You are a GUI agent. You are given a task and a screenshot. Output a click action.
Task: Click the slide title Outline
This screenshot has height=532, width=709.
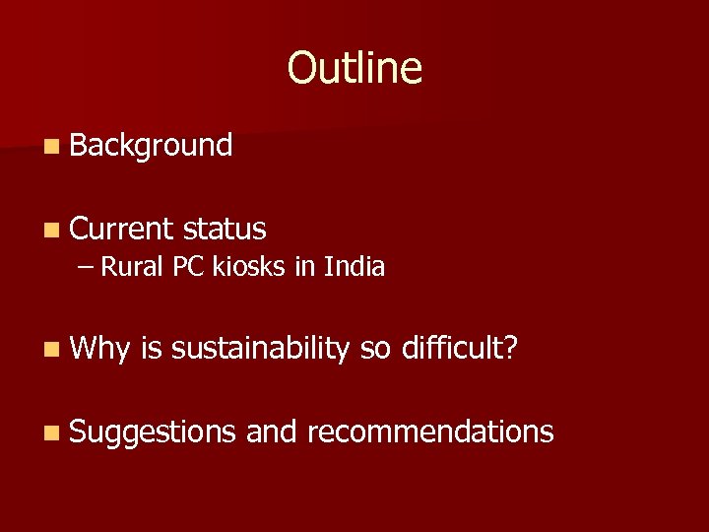click(x=354, y=67)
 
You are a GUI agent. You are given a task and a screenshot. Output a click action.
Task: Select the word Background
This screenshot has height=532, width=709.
click(x=151, y=146)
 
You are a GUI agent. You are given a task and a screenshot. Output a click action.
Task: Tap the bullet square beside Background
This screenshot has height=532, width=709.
click(x=51, y=147)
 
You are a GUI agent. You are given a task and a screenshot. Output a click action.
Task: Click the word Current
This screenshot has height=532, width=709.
click(x=120, y=229)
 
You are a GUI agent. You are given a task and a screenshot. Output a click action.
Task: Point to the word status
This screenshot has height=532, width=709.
click(x=225, y=229)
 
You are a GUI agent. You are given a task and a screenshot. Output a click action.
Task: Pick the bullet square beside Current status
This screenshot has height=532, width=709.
click(x=51, y=230)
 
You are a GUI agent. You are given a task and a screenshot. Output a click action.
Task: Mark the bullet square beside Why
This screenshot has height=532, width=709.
click(x=51, y=349)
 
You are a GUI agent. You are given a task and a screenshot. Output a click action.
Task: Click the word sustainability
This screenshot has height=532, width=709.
click(x=260, y=348)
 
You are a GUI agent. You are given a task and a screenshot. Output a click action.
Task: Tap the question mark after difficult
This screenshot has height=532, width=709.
click(x=510, y=348)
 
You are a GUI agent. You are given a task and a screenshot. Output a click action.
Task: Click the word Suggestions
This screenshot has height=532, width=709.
click(x=153, y=432)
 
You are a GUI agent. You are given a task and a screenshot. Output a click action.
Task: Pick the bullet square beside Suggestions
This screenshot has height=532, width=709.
click(x=51, y=432)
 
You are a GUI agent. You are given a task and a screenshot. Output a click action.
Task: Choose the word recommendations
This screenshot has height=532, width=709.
click(x=430, y=431)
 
